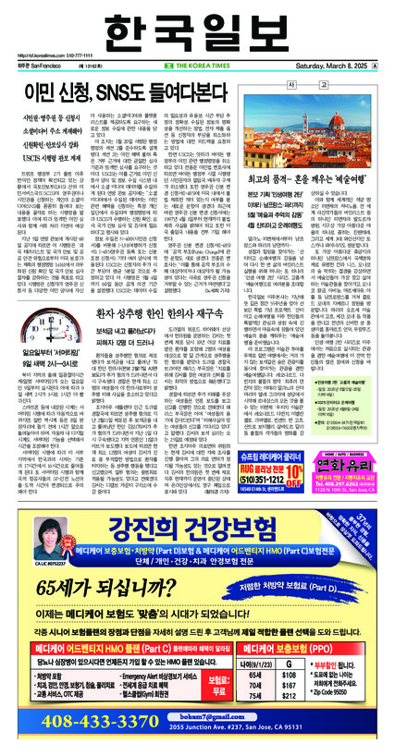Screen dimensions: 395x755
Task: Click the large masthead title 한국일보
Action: tap(197, 26)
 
